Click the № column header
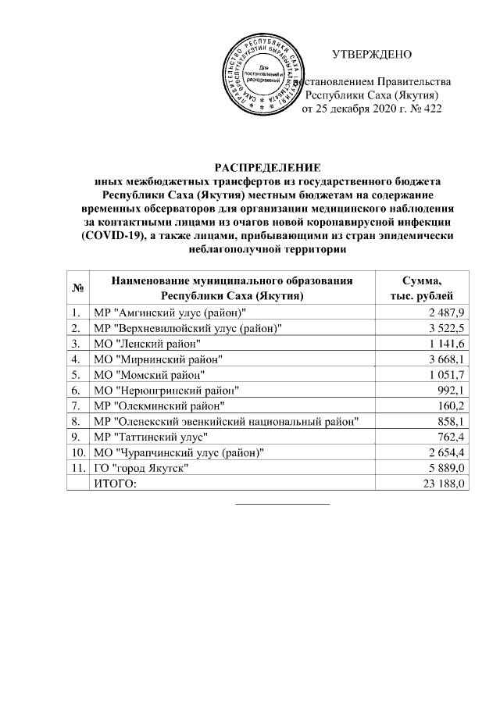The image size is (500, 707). coord(78,288)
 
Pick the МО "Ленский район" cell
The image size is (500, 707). coord(146,344)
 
